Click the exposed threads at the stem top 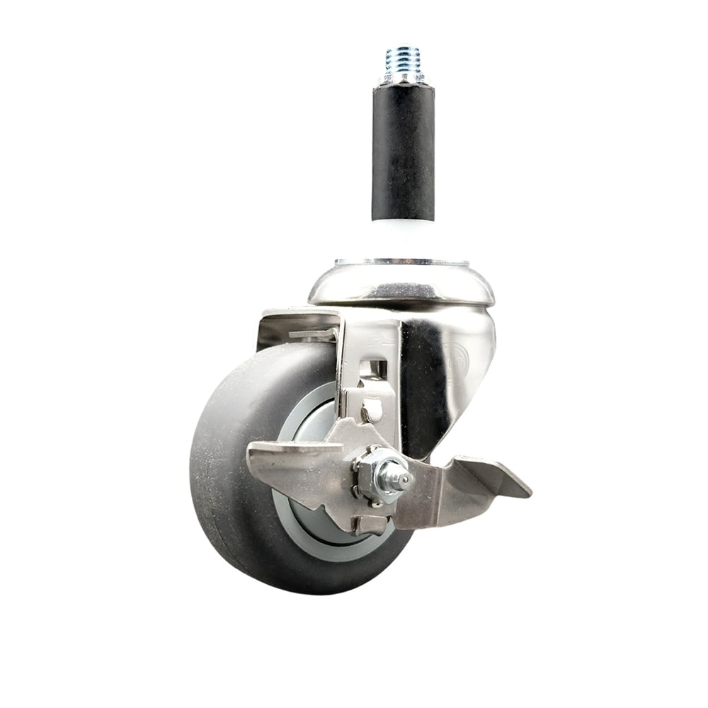402,57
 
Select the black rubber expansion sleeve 403,152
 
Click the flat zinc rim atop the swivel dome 401,263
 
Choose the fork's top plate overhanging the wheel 297,319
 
